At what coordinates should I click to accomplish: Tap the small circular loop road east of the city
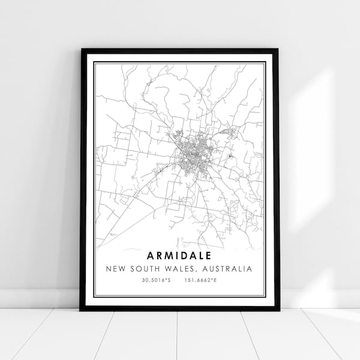pyautogui.click(x=230, y=155)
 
